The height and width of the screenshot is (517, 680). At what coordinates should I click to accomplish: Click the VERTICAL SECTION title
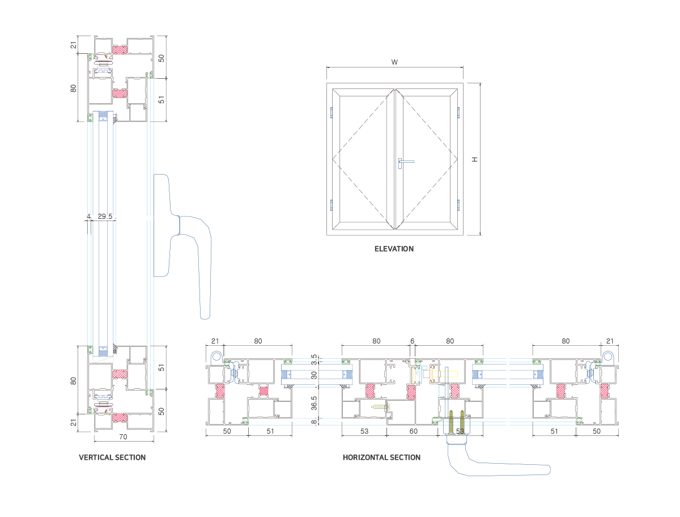click(x=112, y=457)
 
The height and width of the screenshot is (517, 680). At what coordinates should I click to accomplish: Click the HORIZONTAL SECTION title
click(x=381, y=457)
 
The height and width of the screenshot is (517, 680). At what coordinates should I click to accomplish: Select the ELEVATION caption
click(x=394, y=249)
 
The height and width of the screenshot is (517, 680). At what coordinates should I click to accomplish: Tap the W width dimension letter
click(x=394, y=63)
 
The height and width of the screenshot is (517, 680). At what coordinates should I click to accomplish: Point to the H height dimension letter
click(x=475, y=159)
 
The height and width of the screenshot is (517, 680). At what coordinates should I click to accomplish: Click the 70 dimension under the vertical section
click(x=123, y=437)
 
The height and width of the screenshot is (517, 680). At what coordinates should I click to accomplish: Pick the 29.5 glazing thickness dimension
click(x=105, y=217)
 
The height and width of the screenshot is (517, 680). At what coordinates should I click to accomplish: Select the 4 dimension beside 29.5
click(x=88, y=217)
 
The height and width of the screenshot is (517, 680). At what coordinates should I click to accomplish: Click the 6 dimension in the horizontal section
click(x=412, y=341)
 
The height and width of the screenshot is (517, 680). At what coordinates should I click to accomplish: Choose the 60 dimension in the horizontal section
click(x=414, y=431)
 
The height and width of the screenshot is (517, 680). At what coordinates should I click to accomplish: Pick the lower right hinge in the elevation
click(x=459, y=205)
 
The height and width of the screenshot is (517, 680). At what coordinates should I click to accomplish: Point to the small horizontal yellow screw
click(x=379, y=406)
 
